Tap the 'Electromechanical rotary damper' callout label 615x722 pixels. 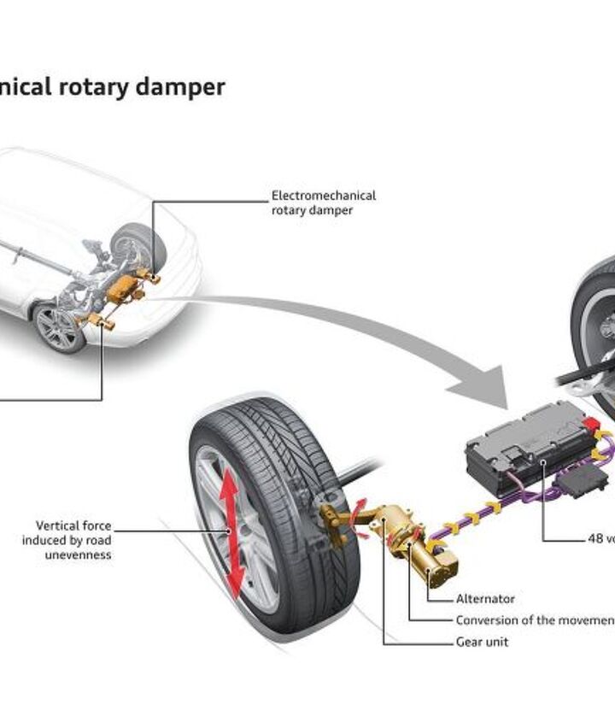(x=323, y=203)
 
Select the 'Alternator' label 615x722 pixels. (x=485, y=600)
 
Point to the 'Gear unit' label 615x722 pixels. (x=483, y=642)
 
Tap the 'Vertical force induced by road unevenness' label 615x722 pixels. (x=73, y=540)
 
